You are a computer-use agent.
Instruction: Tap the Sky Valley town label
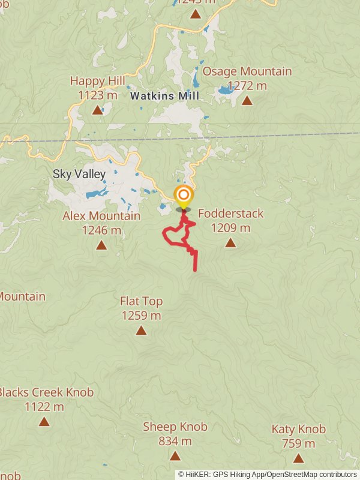click(x=79, y=175)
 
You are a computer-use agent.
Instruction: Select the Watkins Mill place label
click(x=164, y=95)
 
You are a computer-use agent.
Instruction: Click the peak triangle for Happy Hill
click(x=97, y=110)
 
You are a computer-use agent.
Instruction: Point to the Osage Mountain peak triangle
click(x=247, y=100)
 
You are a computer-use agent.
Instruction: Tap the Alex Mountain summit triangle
click(x=101, y=245)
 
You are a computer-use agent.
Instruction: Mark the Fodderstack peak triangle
click(x=230, y=242)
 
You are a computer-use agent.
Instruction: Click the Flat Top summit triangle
click(x=141, y=330)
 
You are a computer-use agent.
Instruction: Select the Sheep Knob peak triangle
click(x=175, y=456)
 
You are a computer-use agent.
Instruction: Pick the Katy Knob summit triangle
click(x=298, y=458)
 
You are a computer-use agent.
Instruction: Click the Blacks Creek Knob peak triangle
click(x=44, y=421)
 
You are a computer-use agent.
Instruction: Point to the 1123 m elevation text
click(x=97, y=95)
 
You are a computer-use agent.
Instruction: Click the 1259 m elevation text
click(x=141, y=315)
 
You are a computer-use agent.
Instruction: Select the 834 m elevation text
click(x=175, y=442)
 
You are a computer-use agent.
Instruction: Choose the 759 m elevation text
click(x=298, y=444)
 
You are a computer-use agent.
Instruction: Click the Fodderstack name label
click(x=230, y=214)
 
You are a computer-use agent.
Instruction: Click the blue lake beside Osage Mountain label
click(x=226, y=91)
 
